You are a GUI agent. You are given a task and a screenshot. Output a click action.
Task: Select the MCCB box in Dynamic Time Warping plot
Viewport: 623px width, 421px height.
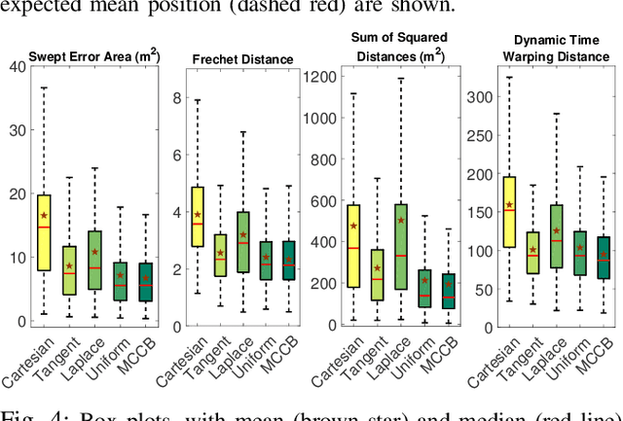pyautogui.click(x=604, y=259)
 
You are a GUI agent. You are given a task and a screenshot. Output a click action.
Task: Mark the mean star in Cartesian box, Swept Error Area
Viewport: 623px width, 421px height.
pyautogui.click(x=43, y=215)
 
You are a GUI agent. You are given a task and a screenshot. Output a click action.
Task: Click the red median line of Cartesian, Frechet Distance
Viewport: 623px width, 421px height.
pyautogui.click(x=199, y=224)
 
